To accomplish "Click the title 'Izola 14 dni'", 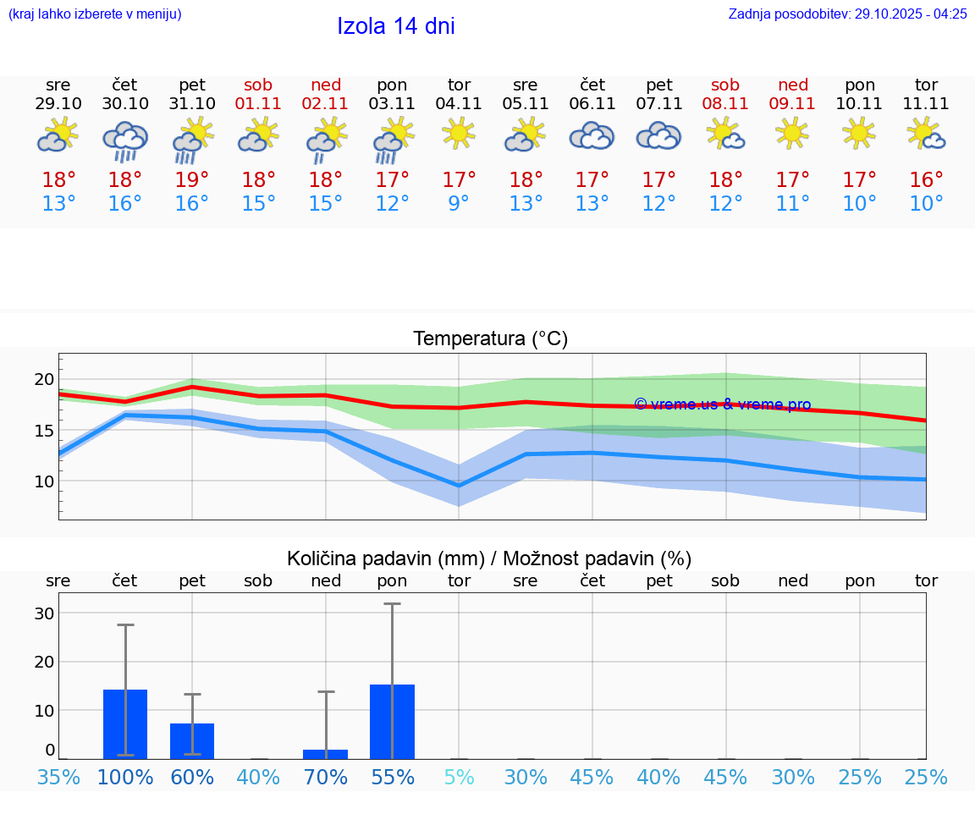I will coord(396,26).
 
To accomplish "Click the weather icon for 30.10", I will coord(125,140).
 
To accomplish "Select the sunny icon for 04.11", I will coord(459,133).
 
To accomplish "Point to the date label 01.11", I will coord(258,104).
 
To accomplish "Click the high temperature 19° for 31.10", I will coord(192,180).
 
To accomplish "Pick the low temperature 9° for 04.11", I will coord(459,204).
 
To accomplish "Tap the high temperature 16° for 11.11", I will coord(927,180).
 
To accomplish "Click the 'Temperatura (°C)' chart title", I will coord(490,338).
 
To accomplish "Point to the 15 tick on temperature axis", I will coord(44,431).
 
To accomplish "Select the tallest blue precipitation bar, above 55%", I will coord(392,722).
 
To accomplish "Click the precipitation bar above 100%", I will coord(125,724).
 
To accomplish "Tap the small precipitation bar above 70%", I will coord(326,754).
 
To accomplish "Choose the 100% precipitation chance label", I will coord(125,777).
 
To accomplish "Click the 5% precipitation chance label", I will coord(459,777).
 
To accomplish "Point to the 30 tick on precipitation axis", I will coord(44,613).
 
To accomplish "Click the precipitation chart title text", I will coord(489,558).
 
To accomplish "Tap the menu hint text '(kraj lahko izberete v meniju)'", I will coord(95,14).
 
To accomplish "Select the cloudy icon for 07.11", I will coord(658,135).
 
